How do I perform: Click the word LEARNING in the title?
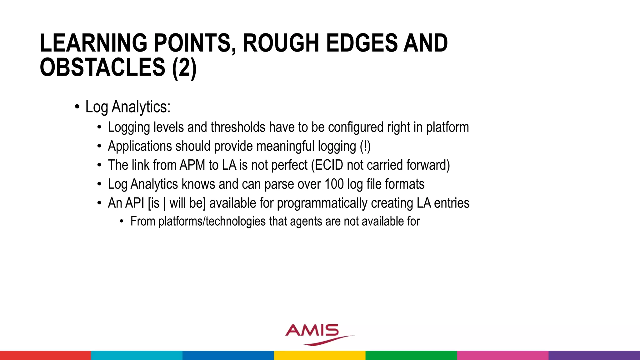point(93,43)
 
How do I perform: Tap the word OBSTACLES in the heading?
point(102,67)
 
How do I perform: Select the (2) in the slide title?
point(184,67)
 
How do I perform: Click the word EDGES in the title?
point(362,43)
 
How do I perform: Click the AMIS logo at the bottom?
point(316,334)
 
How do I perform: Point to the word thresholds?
point(238,127)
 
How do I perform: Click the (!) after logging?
point(365,146)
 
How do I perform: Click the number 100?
point(334,184)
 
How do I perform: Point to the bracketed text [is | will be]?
point(177,203)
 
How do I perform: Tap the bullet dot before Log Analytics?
point(77,107)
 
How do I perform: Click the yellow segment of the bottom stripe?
point(320,355)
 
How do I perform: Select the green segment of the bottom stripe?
point(411,355)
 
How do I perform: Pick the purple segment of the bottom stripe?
point(594,355)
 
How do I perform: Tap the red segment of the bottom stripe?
point(45,355)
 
